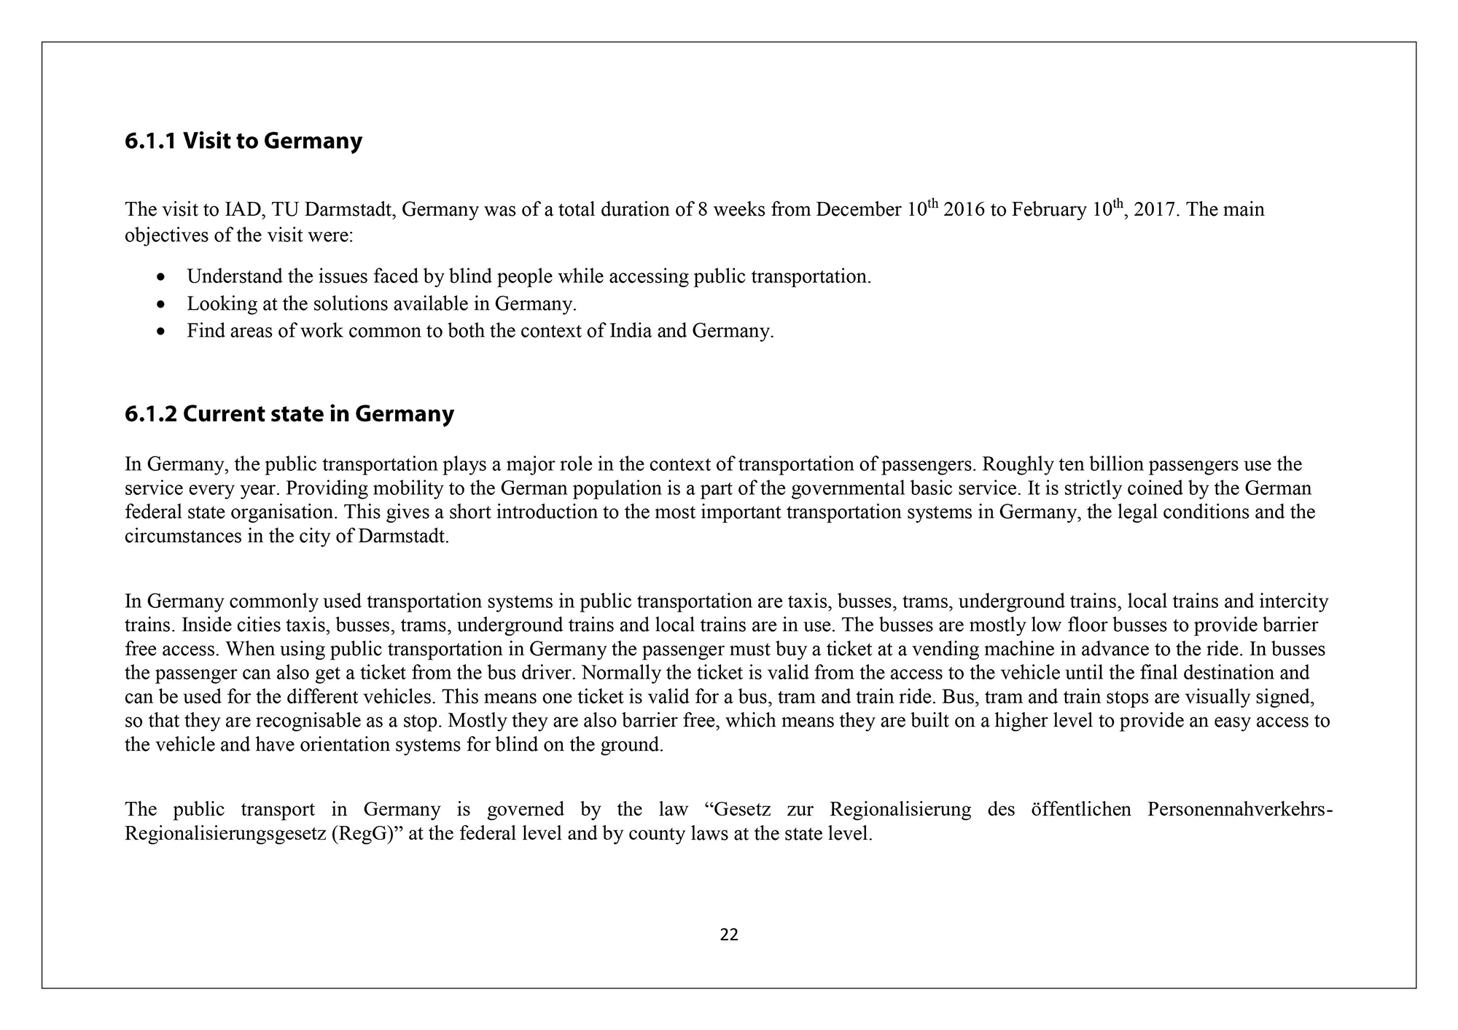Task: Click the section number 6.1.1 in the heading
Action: pyautogui.click(x=150, y=141)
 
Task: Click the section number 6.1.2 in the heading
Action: pyautogui.click(x=150, y=414)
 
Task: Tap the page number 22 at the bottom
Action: pyautogui.click(x=728, y=935)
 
